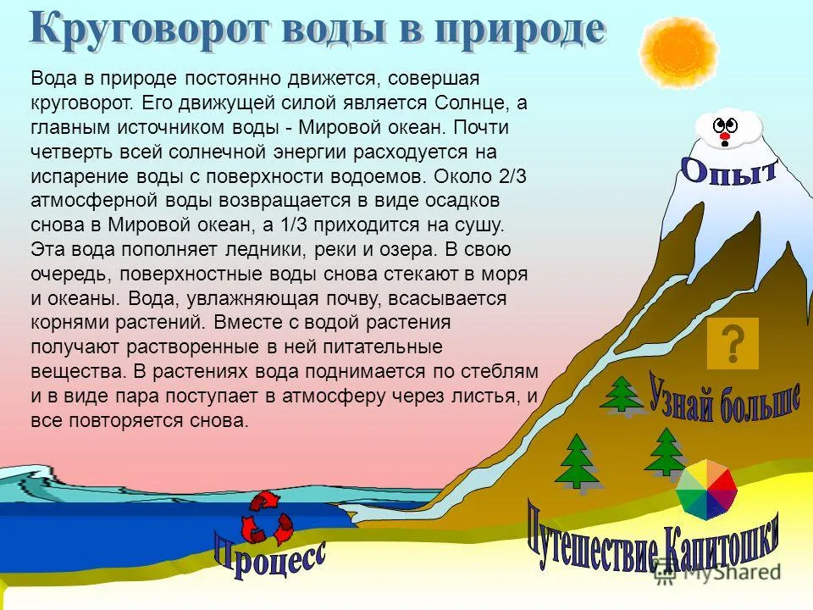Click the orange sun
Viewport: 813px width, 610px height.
678,50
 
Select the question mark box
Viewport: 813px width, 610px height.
733,343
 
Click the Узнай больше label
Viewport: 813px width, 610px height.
724,399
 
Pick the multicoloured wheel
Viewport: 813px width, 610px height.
706,491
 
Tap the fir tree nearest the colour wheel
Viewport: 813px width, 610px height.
667,452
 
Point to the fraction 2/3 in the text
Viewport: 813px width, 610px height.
512,176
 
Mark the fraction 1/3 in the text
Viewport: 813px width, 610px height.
294,225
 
